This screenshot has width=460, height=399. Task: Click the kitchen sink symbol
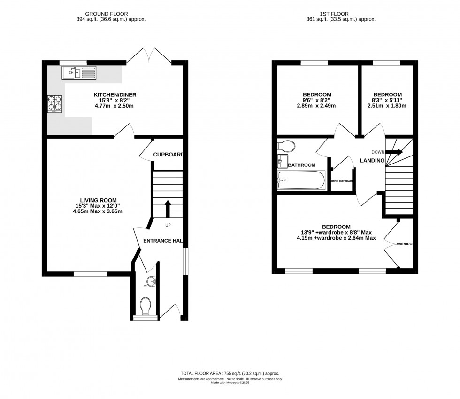tap(78, 72)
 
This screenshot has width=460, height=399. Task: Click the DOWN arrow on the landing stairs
tap(394, 152)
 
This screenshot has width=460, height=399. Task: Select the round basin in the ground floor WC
tap(151, 282)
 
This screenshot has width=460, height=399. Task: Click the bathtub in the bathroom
tap(302, 180)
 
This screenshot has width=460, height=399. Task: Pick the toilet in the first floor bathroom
tap(286, 146)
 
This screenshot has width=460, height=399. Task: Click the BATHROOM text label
tap(302, 165)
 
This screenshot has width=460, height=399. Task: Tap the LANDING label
tap(372, 161)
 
